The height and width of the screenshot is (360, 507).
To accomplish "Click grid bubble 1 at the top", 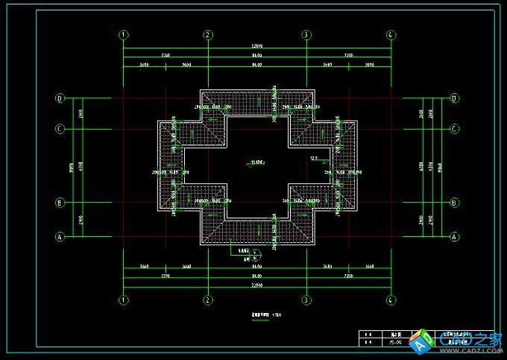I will point(124,34).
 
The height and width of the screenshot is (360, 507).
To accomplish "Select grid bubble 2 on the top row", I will point(208,34).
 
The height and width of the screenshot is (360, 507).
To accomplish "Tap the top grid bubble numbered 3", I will point(306,34).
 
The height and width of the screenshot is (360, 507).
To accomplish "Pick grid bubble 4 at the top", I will point(390,34).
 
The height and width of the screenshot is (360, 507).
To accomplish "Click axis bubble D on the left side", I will point(60,98).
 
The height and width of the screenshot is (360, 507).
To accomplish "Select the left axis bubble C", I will point(60,129).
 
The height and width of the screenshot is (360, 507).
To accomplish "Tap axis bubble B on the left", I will point(60,202).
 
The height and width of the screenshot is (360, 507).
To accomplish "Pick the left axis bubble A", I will point(60,237).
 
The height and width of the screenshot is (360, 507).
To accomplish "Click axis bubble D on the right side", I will point(453,98).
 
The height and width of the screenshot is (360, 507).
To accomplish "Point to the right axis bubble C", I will point(453,129).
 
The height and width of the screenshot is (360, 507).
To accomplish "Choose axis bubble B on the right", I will point(453,202).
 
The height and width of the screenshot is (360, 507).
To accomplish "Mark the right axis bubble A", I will point(453,237).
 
